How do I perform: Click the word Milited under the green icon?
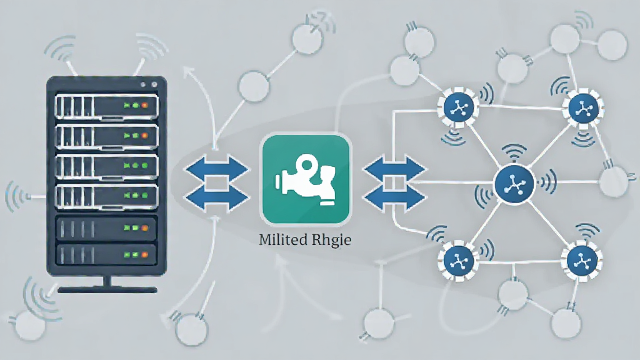point(282,239)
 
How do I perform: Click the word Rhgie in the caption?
point(331,240)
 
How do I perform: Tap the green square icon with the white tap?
point(305,179)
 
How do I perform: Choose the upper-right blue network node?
point(584,108)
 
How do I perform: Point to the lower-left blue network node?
point(459,261)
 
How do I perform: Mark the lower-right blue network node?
point(582,260)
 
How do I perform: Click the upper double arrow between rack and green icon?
point(217,169)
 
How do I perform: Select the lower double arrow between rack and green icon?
point(217,197)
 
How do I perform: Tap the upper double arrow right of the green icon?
point(394,169)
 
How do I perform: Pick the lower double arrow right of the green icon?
point(394,197)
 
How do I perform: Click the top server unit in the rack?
point(106,107)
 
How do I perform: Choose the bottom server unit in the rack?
point(106,255)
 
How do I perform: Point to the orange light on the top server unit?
point(144,105)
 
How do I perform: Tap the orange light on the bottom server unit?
point(144,255)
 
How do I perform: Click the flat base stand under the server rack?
point(107,290)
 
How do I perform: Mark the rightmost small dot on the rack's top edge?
point(154,84)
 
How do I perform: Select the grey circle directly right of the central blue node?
point(614,182)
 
